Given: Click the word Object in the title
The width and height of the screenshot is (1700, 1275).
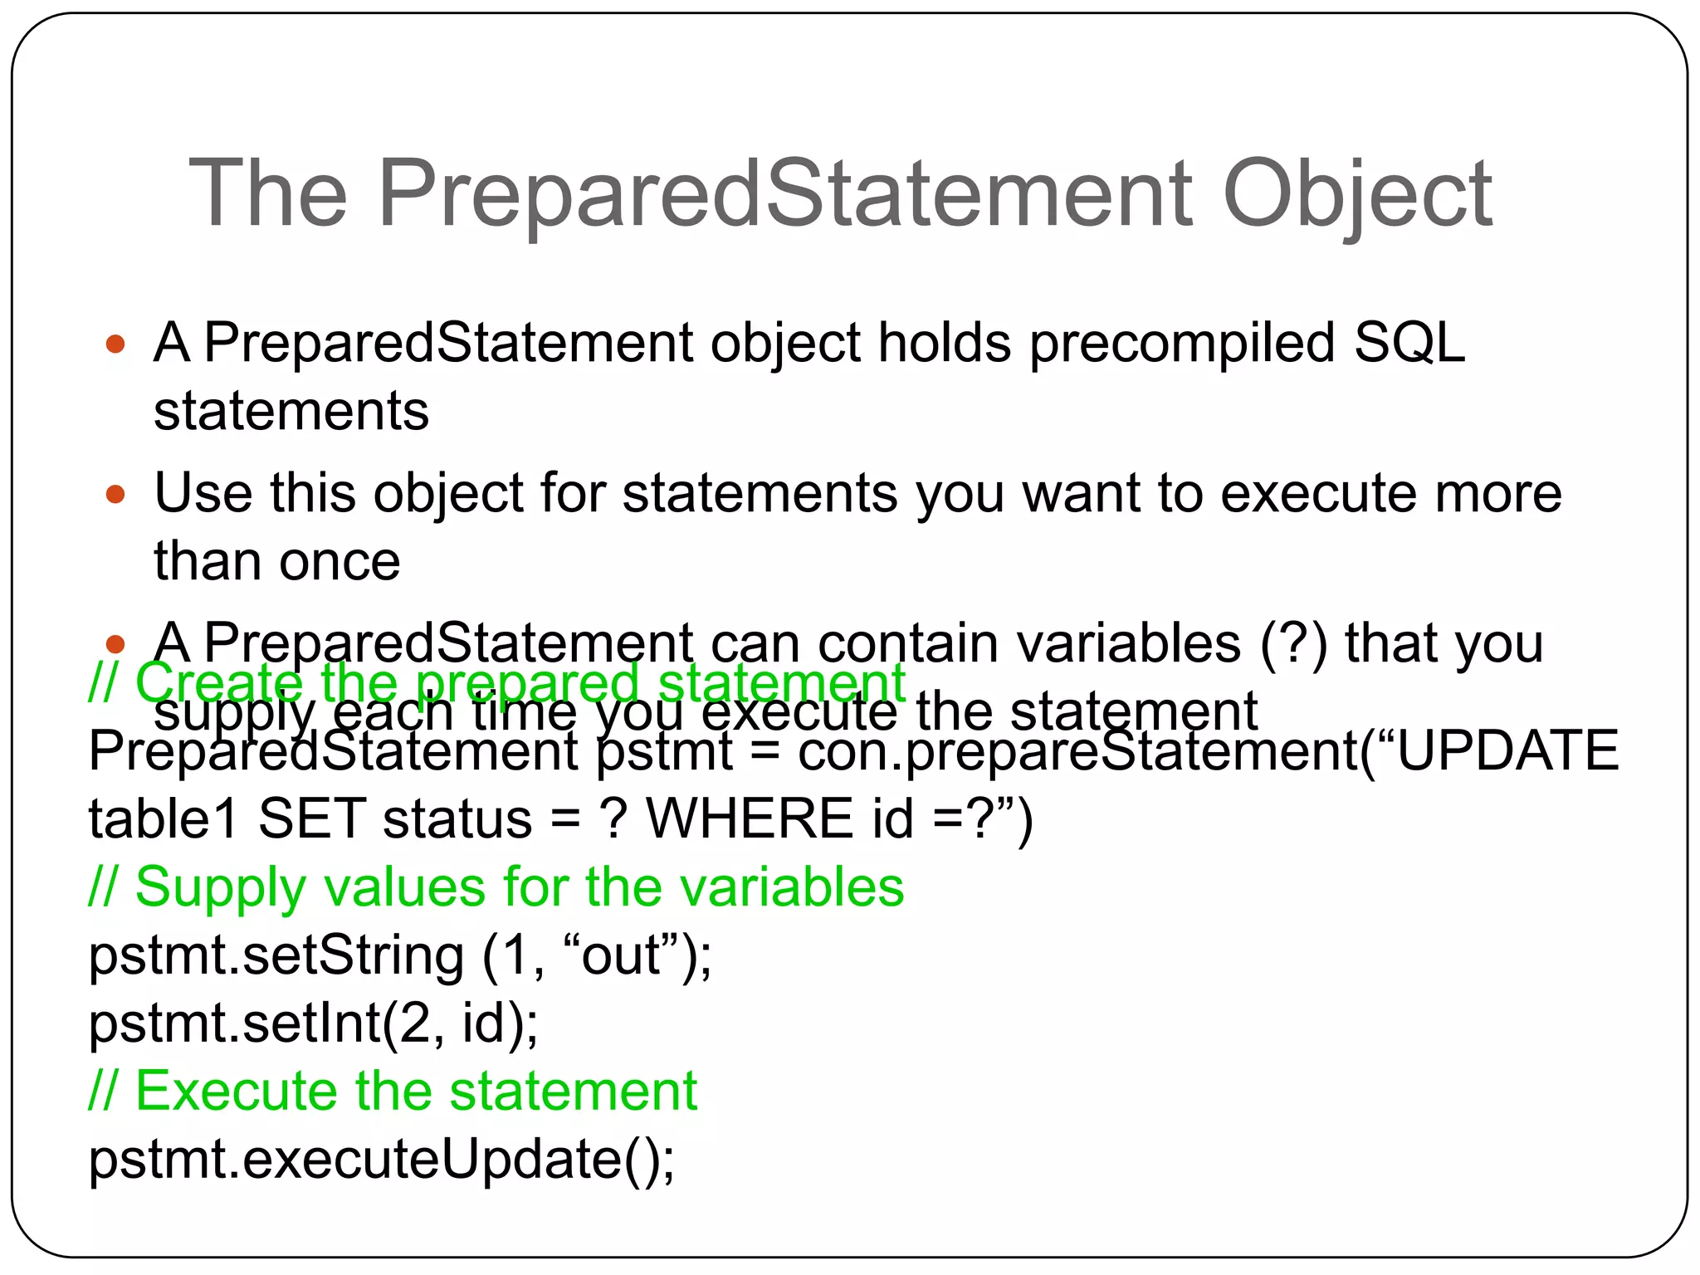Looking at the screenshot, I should [1357, 195].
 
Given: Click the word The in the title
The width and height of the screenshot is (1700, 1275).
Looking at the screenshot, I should [267, 195].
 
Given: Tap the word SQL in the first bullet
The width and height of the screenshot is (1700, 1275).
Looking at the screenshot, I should [1409, 343].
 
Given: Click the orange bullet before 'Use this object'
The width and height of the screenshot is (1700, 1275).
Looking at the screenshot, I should [115, 495].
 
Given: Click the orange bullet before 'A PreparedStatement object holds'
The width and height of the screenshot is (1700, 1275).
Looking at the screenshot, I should [115, 344].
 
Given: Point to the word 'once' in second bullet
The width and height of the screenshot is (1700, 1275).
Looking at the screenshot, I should [340, 562].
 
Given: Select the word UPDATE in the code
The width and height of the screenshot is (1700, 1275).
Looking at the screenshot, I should [1507, 751].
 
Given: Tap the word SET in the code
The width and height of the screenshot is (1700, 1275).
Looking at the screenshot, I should [312, 819].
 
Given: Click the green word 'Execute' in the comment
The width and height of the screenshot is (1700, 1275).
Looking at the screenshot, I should [237, 1091].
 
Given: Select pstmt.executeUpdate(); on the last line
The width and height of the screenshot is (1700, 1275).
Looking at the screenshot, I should [381, 1160].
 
